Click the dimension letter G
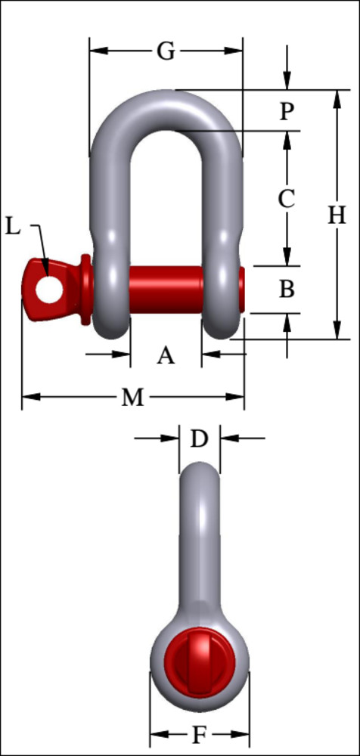166,51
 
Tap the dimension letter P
286,111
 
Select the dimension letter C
286,199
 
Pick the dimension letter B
286,289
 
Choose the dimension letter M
132,398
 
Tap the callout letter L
14,225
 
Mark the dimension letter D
198,438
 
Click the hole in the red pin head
48,289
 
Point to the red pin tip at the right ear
241,290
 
